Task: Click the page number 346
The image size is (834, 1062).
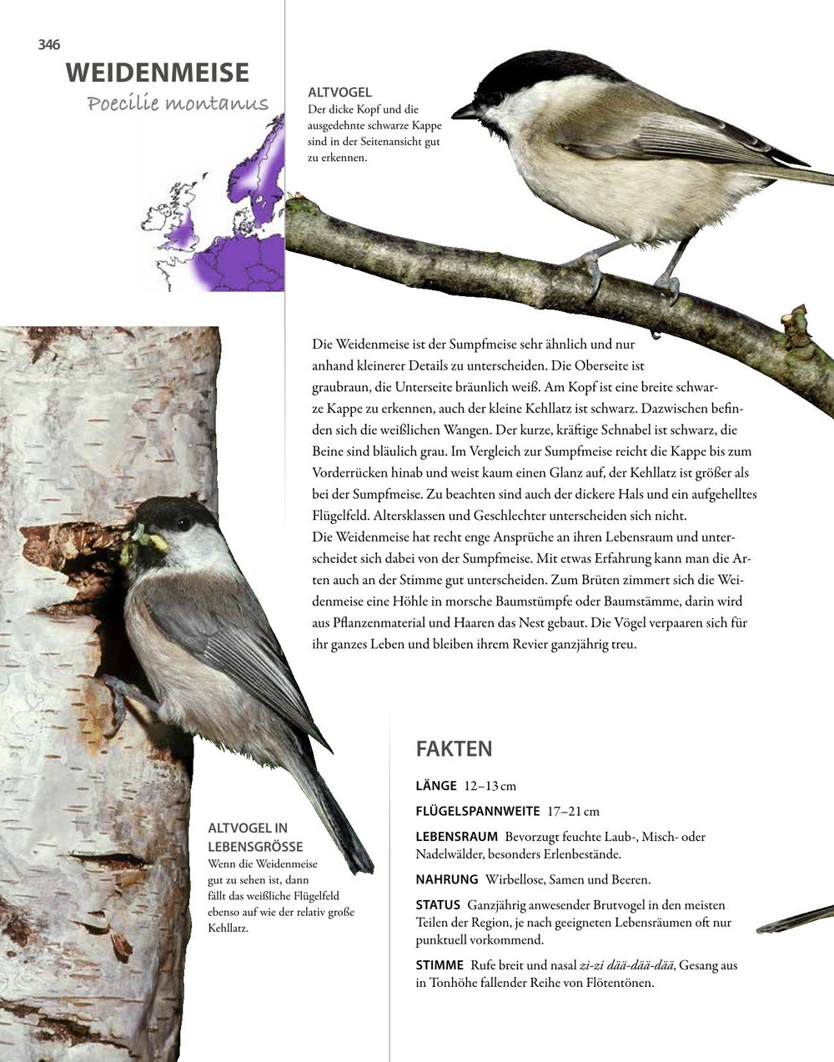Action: point(49,45)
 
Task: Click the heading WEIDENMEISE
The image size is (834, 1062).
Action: point(158,73)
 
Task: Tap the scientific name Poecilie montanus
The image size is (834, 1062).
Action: point(178,103)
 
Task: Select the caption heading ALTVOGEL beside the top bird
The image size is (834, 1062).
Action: point(339,93)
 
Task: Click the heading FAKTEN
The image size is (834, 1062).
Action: point(454,748)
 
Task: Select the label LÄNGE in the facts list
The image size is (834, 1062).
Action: point(436,786)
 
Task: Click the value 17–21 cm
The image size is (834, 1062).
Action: point(573,811)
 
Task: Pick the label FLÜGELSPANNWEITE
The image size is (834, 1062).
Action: point(478,811)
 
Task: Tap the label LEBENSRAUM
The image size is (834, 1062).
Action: point(457,837)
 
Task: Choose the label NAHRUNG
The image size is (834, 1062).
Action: point(447,879)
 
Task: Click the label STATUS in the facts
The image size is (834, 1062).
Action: point(438,905)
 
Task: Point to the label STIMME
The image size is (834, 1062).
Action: point(440,965)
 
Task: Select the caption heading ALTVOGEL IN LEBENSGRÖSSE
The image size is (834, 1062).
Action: point(248,837)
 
